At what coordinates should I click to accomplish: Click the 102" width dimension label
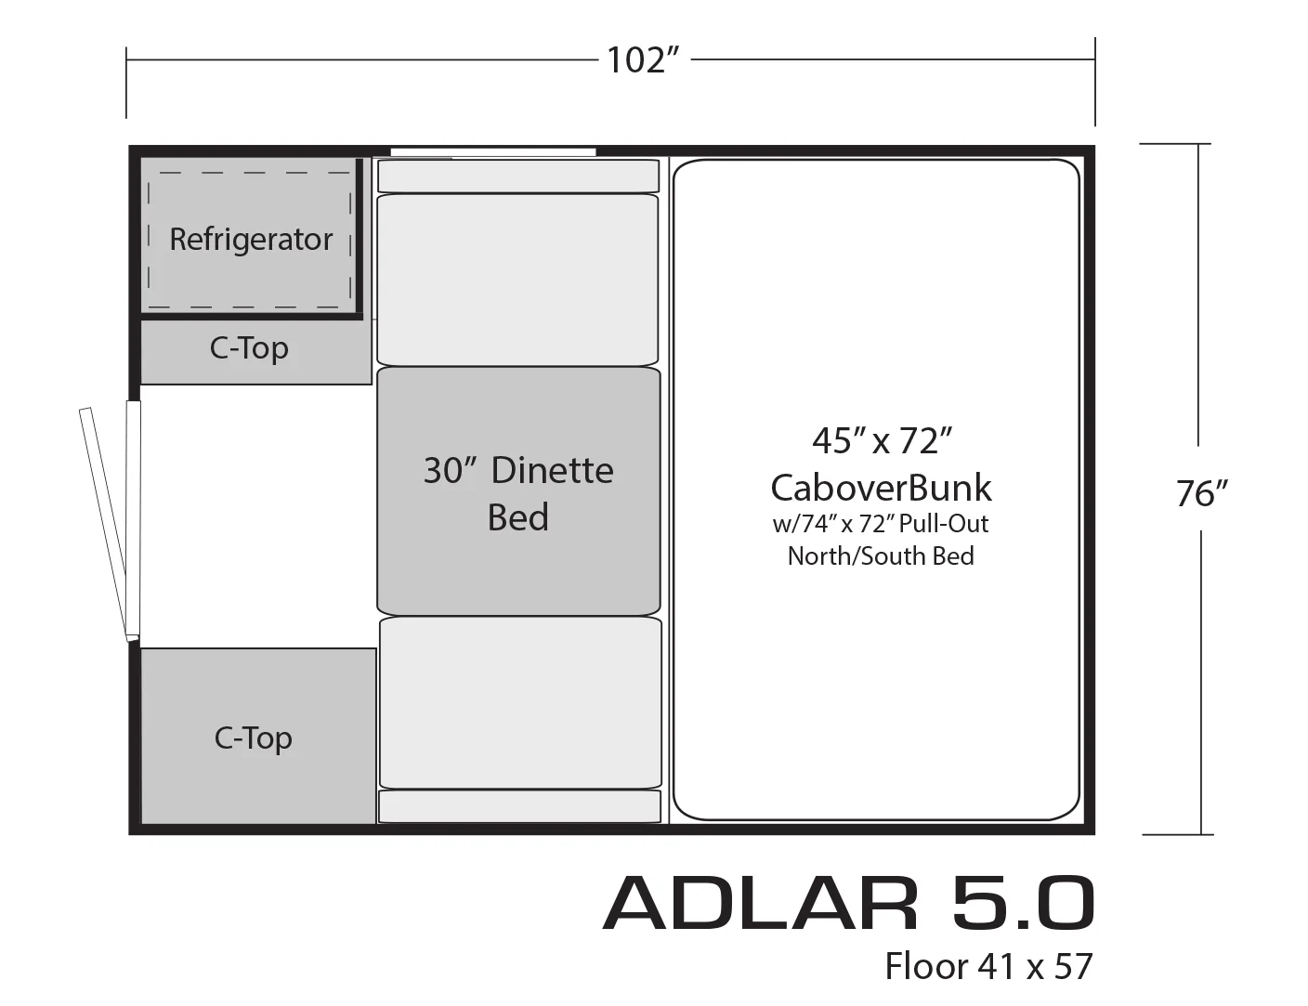click(x=642, y=60)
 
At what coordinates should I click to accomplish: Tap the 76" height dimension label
click(x=1201, y=493)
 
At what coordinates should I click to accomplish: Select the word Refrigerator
click(x=251, y=240)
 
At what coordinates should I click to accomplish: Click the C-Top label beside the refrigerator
click(x=249, y=348)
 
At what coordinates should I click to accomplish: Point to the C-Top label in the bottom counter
click(x=253, y=738)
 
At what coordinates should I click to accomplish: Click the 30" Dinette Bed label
click(x=518, y=493)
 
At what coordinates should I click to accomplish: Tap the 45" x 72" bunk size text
click(x=882, y=440)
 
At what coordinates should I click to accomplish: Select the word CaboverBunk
click(x=881, y=488)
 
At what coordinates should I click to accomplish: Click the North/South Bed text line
click(x=881, y=555)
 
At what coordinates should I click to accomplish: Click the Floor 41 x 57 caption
click(x=988, y=967)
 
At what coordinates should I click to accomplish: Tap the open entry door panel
click(x=103, y=524)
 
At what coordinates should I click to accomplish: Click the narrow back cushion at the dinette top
click(x=518, y=176)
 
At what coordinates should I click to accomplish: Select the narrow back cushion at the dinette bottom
click(x=519, y=806)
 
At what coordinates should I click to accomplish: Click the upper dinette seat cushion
click(x=517, y=280)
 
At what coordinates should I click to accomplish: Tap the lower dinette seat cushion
click(x=520, y=703)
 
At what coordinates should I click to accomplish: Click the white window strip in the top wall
click(x=493, y=152)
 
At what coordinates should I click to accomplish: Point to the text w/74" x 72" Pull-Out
click(x=881, y=524)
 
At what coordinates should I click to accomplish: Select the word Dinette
click(x=553, y=471)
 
